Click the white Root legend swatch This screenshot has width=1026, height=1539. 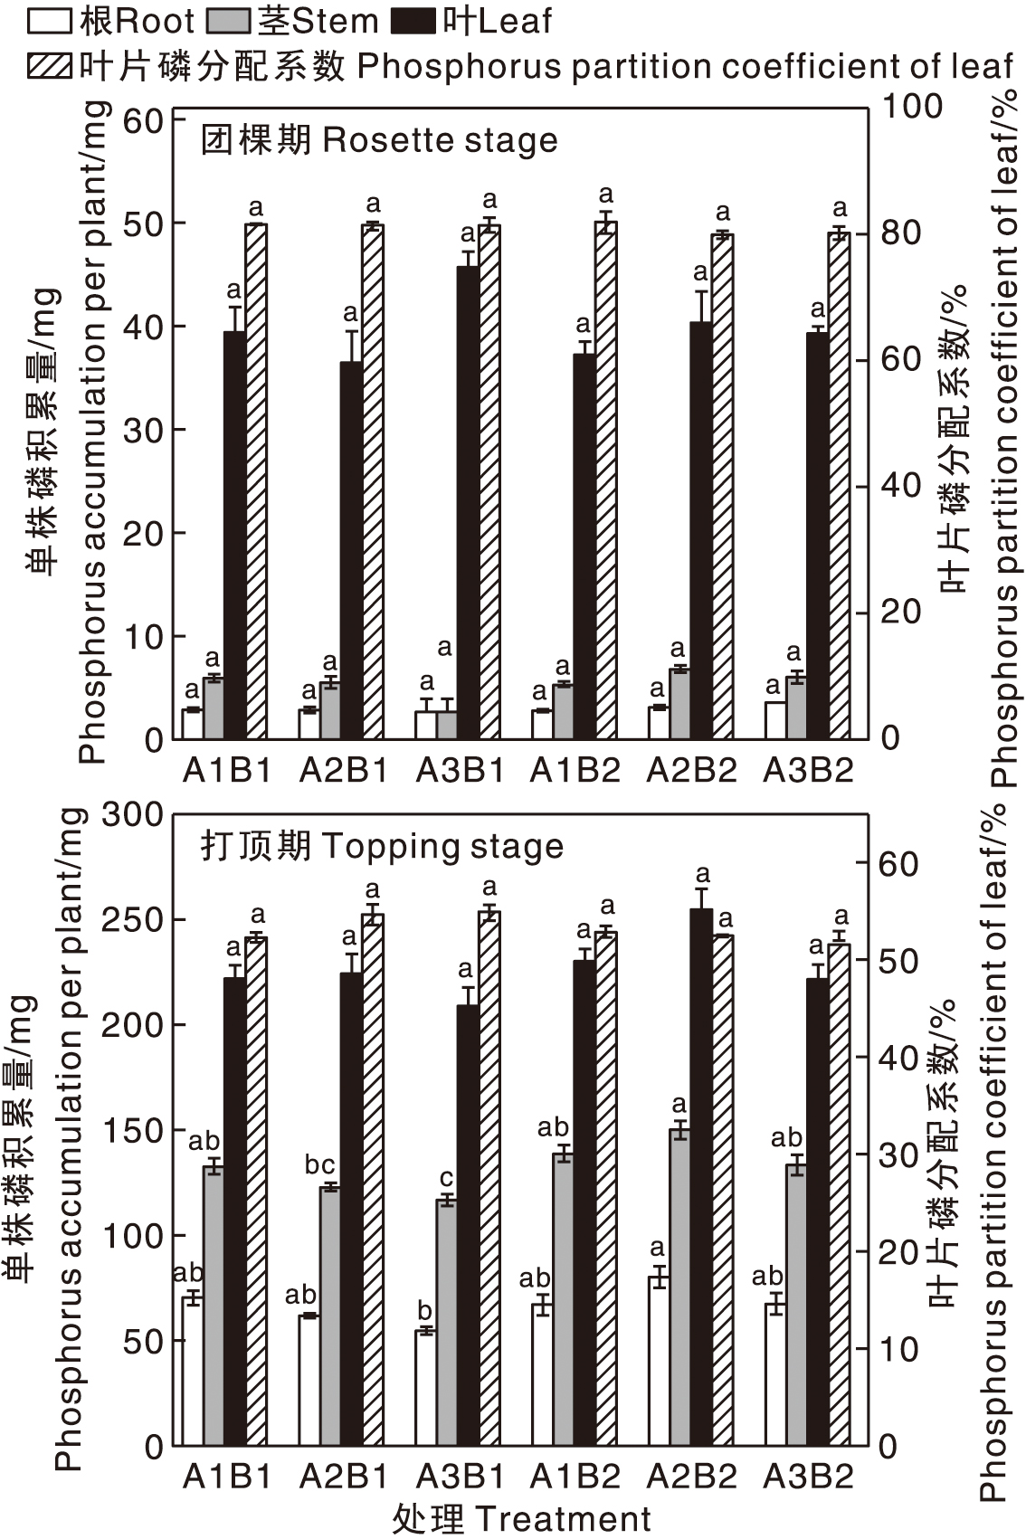pyautogui.click(x=52, y=21)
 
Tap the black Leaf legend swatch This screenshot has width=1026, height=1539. pyautogui.click(x=417, y=21)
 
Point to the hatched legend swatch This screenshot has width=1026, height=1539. pyautogui.click(x=52, y=66)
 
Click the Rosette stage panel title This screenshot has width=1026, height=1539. pyautogui.click(x=379, y=140)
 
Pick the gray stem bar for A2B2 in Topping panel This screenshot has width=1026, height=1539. pyautogui.click(x=679, y=1286)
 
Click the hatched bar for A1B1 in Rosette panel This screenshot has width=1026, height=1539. pyautogui.click(x=256, y=480)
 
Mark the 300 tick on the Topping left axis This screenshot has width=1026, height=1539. pyautogui.click(x=131, y=814)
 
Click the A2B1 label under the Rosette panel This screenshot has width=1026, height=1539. pyautogui.click(x=343, y=770)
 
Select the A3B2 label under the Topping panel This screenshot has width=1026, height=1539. pyautogui.click(x=808, y=1477)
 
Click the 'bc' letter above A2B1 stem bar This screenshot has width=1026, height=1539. pyautogui.click(x=319, y=1164)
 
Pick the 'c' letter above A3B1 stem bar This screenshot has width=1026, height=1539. pyautogui.click(x=446, y=1178)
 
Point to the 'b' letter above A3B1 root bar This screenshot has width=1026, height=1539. pyautogui.click(x=424, y=1310)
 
